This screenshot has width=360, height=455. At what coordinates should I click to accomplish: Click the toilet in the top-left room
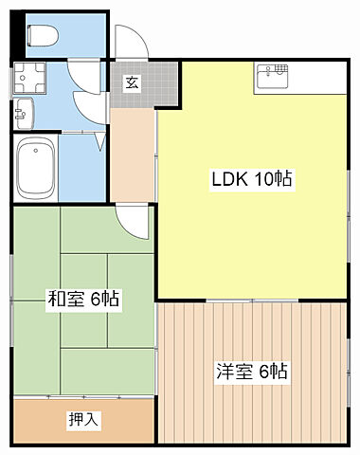43,34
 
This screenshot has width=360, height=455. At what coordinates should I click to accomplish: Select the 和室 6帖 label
83,300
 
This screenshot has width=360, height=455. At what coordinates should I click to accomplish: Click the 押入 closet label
83,420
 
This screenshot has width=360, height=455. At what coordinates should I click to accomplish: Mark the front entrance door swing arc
127,43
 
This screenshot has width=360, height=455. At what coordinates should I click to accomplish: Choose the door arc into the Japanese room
136,223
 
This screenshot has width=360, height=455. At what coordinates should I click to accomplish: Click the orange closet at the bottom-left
83,420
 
